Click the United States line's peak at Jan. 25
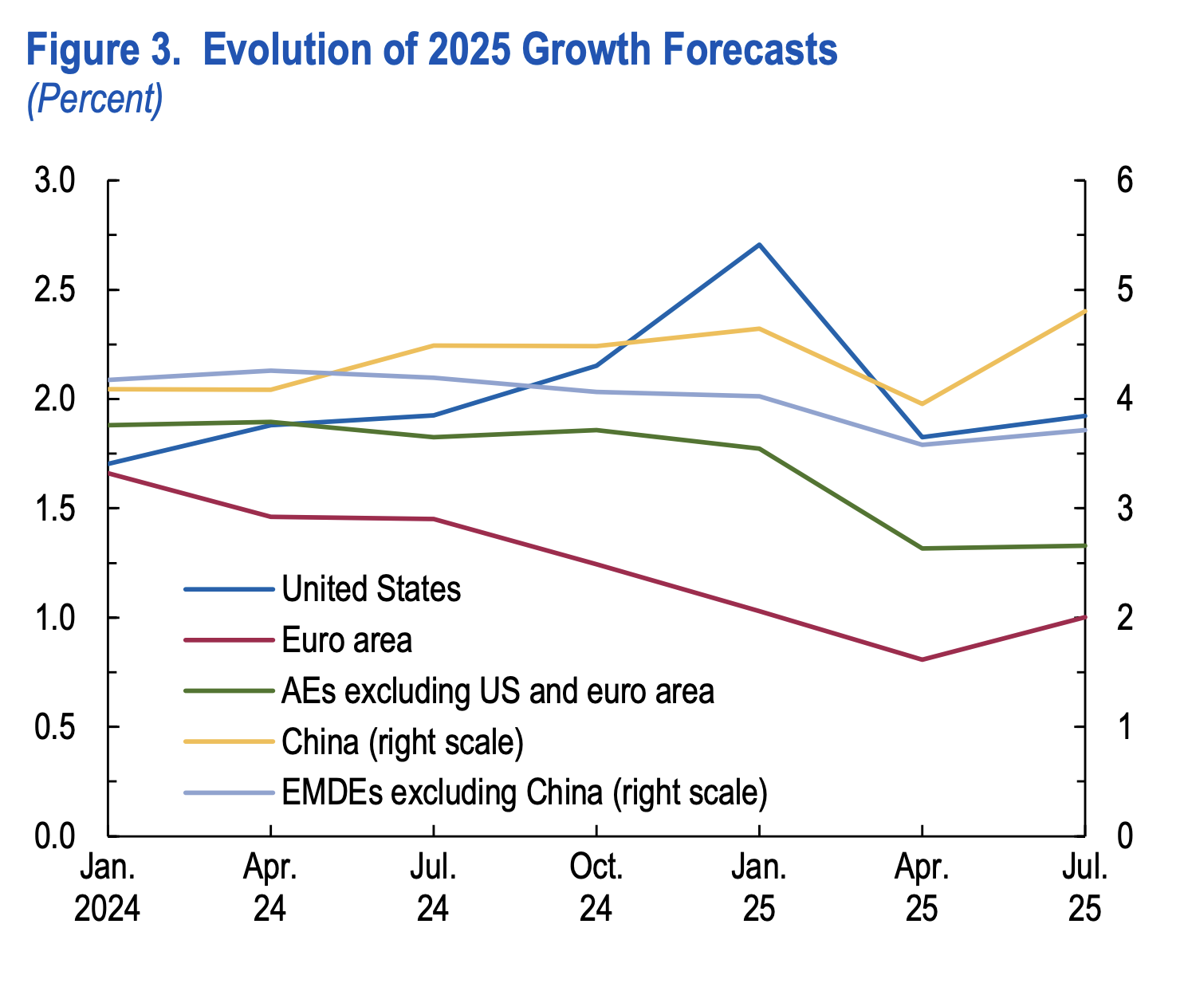[x=759, y=245]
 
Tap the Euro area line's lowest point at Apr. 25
[x=922, y=659]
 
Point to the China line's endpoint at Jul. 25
[x=1084, y=311]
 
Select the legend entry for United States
[x=371, y=589]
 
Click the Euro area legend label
[x=347, y=640]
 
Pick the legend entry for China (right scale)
[x=403, y=741]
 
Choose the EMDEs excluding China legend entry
[x=524, y=792]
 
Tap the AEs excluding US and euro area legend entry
[x=498, y=691]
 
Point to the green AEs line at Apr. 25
[x=922, y=549]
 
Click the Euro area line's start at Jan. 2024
[x=108, y=474]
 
